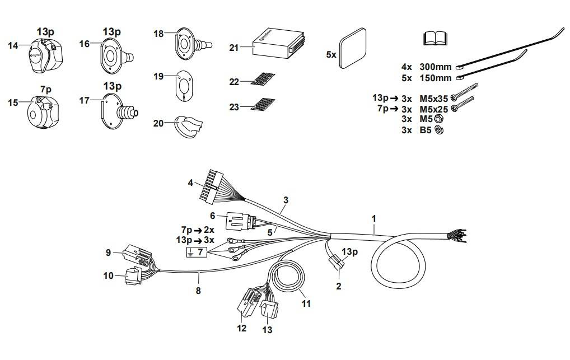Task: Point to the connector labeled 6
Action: coord(237,223)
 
